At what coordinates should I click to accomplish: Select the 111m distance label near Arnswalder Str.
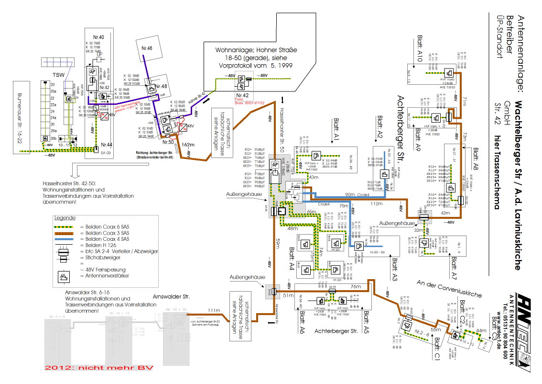pyautogui.click(x=214, y=310)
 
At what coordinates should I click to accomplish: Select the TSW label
pyautogui.click(x=59, y=76)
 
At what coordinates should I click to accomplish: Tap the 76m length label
pyautogui.click(x=355, y=287)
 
